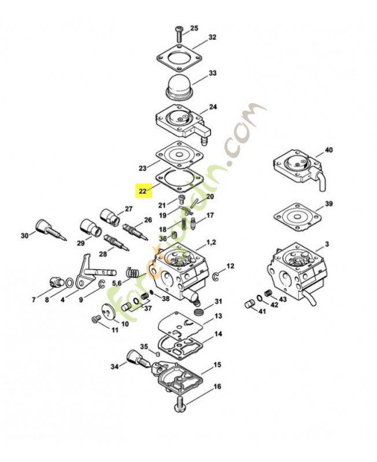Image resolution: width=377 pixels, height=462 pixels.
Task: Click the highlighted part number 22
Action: (142, 191)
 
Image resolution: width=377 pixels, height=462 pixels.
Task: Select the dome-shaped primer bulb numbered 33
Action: (179, 87)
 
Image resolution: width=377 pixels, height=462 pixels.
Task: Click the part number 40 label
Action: (328, 150)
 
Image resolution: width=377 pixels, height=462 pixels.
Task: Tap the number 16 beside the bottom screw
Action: (201, 386)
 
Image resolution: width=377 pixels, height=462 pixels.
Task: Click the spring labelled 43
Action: (268, 294)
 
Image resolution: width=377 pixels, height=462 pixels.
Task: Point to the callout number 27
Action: (128, 209)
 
